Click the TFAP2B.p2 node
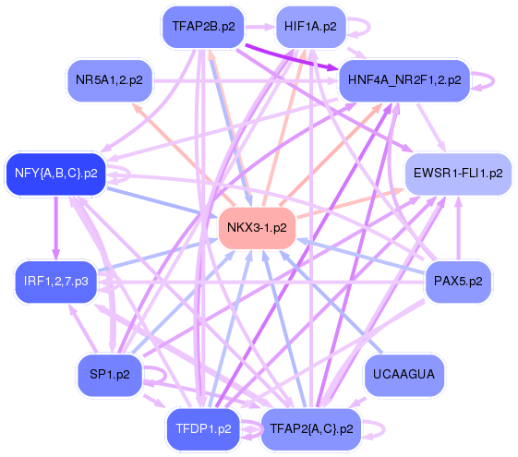[x=203, y=27]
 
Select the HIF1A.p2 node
[x=310, y=27]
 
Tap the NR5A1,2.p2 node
[x=110, y=80]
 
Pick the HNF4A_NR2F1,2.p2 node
[x=404, y=80]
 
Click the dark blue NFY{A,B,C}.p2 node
[x=55, y=174]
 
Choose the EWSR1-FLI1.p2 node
[x=458, y=174]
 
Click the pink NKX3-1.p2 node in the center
[x=257, y=227]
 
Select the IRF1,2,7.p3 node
[x=55, y=282]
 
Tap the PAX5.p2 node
[x=458, y=282]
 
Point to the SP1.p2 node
[x=110, y=375]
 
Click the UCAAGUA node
[x=404, y=375]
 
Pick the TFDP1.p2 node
[x=203, y=429]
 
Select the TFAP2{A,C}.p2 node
[x=311, y=429]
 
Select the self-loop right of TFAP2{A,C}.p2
[x=384, y=429]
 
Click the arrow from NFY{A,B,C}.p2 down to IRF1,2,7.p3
[x=55, y=227]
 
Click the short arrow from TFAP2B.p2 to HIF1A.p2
[x=260, y=27]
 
